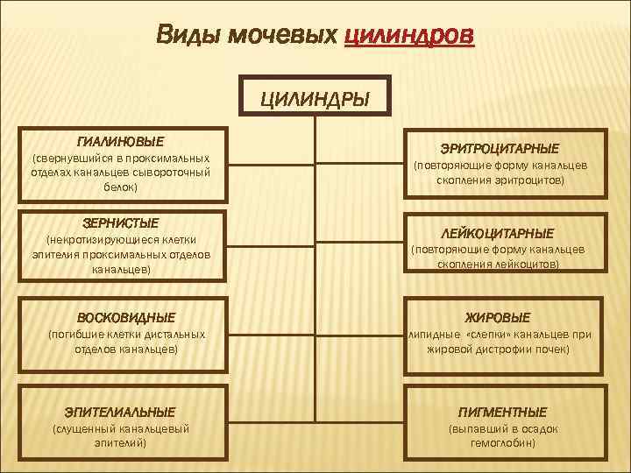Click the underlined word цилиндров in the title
tap(410, 36)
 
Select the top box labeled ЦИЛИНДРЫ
tap(314, 97)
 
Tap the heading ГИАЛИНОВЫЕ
tap(120, 140)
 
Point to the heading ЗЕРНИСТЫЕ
tap(120, 223)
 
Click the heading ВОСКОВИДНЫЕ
tap(126, 317)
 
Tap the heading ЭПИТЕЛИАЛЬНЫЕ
tap(120, 411)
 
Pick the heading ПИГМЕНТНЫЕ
tap(502, 411)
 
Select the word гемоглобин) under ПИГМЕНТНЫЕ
tap(503, 443)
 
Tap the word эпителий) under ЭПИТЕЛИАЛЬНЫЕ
tap(120, 443)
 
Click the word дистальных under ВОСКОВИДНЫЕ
tap(178, 334)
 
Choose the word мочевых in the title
tap(284, 36)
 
